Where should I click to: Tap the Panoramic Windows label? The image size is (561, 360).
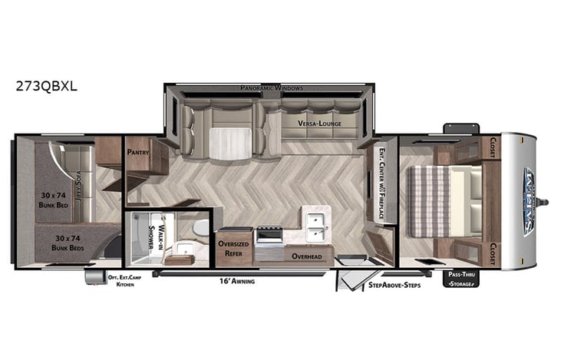tap(271, 88)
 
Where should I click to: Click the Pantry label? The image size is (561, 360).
tap(139, 151)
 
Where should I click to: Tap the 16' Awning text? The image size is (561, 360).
tap(236, 281)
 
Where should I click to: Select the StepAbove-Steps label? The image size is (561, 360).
tap(394, 286)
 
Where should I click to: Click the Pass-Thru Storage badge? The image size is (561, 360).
tap(460, 279)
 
